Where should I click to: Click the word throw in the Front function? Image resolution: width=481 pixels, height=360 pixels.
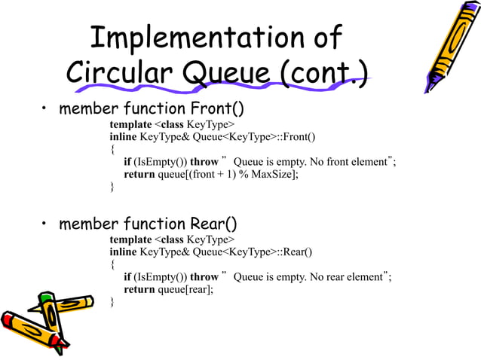point(204,162)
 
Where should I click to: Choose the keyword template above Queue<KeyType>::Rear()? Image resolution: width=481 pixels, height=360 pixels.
point(130,239)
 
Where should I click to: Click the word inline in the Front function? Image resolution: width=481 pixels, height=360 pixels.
point(124,136)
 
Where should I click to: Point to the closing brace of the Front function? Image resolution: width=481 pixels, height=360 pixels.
point(112,187)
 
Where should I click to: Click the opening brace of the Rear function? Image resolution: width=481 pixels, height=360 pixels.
point(112,264)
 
